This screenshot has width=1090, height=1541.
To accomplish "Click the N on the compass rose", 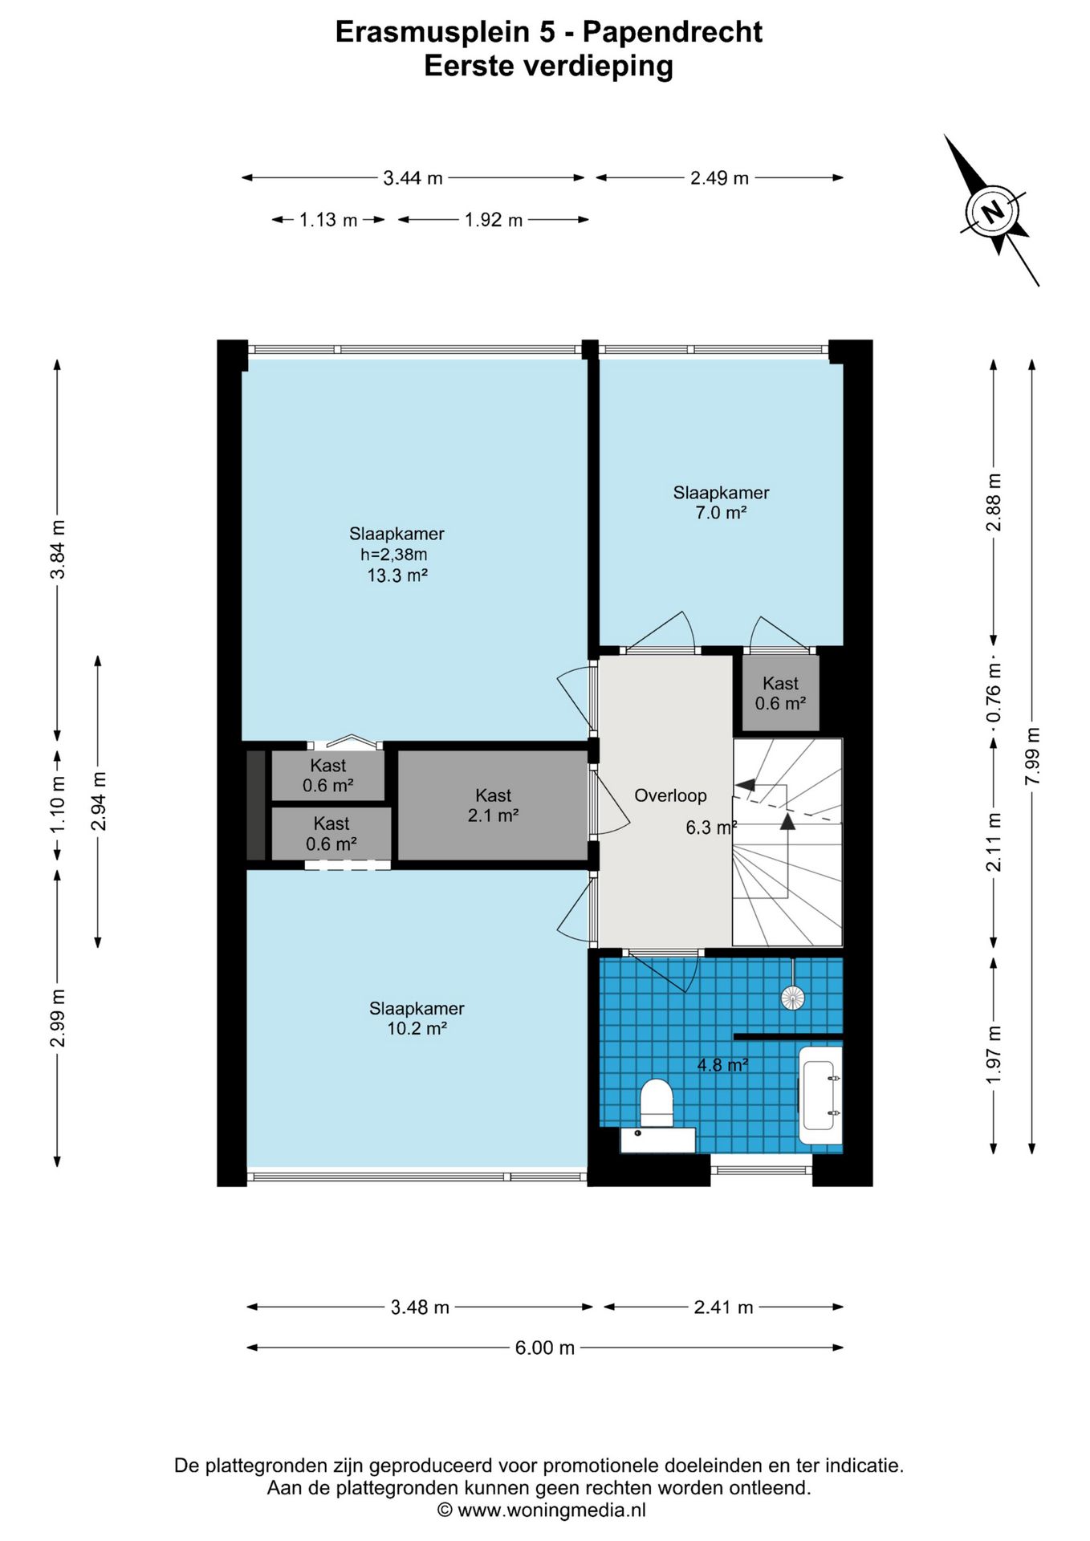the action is click(x=994, y=212).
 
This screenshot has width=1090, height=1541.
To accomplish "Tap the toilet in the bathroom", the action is click(x=657, y=1103).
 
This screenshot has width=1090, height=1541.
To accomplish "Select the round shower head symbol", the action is click(x=792, y=998).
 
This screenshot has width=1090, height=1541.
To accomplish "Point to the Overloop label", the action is click(x=670, y=795).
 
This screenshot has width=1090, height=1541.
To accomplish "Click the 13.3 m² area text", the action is click(x=397, y=575).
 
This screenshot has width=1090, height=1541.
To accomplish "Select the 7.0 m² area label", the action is click(x=721, y=513).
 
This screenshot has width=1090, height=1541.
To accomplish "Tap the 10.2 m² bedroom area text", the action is click(x=417, y=1029).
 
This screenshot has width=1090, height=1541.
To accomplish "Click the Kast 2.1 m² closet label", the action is click(x=493, y=806).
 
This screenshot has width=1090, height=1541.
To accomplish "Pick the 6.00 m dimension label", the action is click(x=545, y=1348).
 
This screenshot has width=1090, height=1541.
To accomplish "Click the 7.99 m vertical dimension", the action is click(x=1032, y=757).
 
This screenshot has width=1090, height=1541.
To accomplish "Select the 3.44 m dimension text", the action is click(x=413, y=178).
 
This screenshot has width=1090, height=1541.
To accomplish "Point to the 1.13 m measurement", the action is click(x=328, y=220).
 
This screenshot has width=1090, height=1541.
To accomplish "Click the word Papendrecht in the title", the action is click(x=673, y=32).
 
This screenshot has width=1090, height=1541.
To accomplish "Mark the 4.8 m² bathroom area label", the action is click(x=722, y=1065).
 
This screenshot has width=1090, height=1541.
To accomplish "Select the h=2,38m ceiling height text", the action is click(x=393, y=555).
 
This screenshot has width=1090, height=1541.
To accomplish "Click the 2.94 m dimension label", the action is click(x=98, y=801).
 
